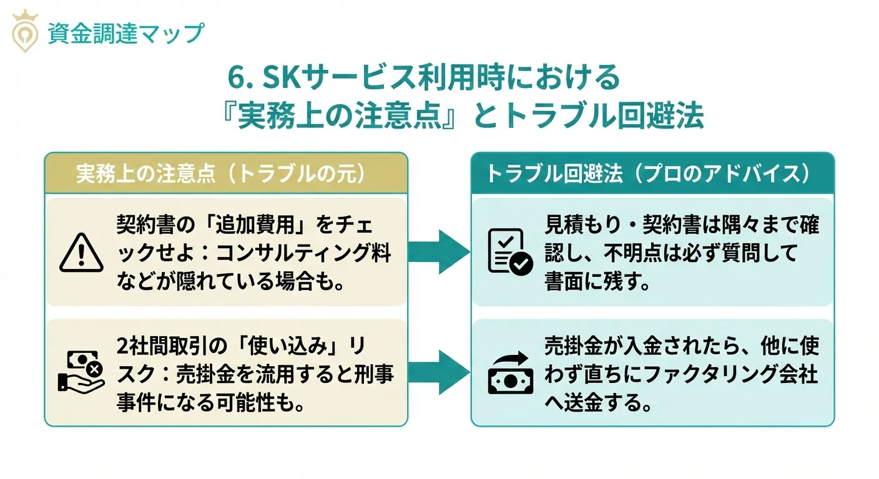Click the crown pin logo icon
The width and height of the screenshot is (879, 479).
click(x=25, y=31)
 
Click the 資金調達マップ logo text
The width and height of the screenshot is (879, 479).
click(x=125, y=33)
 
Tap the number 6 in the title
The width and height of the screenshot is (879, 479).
click(x=234, y=79)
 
